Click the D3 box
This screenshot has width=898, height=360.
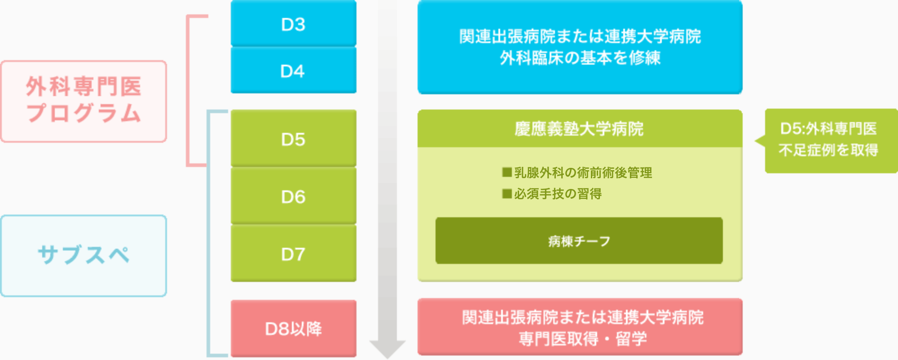coord(293,24)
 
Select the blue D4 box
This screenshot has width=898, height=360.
coord(293,71)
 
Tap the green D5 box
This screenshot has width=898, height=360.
coord(293,139)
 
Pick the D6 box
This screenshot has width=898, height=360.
coord(293,197)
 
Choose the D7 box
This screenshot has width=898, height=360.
coord(293,254)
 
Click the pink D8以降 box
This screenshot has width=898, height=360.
coord(293,329)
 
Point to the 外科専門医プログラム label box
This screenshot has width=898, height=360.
coord(84,101)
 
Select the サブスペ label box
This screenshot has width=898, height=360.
coord(84,255)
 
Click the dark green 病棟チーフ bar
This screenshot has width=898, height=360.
coord(579,241)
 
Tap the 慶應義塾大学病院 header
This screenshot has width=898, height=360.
coord(579,129)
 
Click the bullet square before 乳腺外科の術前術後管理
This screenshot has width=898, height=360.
coord(507,172)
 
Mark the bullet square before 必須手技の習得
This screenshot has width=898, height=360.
coord(507,193)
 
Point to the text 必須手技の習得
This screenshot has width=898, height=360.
coord(558,193)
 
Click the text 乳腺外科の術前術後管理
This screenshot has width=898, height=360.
coord(583,172)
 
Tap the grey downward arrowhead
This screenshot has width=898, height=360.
coord(387,348)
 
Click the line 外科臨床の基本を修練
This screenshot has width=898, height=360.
coord(580,58)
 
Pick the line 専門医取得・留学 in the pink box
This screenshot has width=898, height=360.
coord(582,338)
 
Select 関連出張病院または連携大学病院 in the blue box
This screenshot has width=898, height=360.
coord(580,36)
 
